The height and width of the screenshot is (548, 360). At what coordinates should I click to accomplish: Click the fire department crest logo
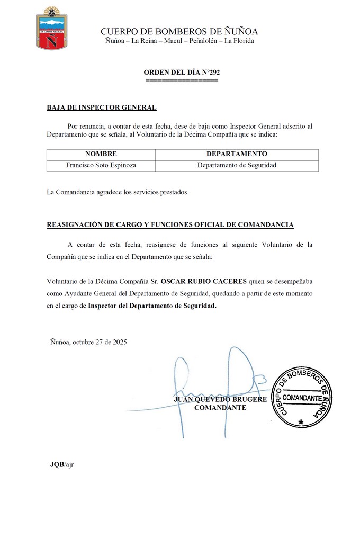tap(51, 29)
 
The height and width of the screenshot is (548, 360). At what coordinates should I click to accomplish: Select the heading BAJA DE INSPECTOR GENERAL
tap(102, 107)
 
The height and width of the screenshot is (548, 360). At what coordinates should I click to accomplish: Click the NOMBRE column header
tap(101, 154)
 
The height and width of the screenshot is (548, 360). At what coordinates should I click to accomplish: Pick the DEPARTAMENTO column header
tap(237, 154)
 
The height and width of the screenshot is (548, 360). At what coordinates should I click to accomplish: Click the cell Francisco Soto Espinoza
tap(101, 165)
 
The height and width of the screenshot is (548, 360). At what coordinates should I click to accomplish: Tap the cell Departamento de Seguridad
tap(237, 165)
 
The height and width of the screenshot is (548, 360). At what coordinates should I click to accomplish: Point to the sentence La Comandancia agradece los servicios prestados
tap(118, 192)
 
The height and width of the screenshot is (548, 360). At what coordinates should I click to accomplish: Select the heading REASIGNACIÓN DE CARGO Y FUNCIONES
tap(170, 225)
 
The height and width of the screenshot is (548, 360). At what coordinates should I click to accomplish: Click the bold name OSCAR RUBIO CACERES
tap(196, 281)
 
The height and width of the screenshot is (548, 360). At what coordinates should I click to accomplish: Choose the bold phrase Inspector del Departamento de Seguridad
tap(152, 306)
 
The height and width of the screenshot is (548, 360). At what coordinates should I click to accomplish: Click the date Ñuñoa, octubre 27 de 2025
tap(88, 342)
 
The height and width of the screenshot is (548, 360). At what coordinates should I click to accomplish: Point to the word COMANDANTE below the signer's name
tap(220, 408)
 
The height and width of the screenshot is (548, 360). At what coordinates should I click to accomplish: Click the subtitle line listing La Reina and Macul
tap(179, 41)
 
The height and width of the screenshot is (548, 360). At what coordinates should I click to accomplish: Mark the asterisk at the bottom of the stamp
tap(301, 423)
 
